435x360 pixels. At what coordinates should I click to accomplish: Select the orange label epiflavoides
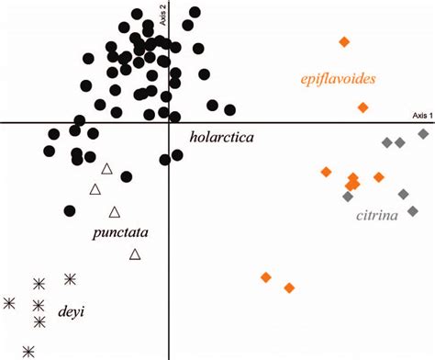[x=337, y=79]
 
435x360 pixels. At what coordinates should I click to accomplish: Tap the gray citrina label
[x=376, y=217]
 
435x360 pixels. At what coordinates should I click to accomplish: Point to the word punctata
[x=120, y=232]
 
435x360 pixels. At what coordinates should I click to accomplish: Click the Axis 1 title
[x=420, y=116]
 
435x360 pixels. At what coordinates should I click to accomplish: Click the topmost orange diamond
[x=344, y=41]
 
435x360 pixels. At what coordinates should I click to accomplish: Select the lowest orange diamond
[x=289, y=288]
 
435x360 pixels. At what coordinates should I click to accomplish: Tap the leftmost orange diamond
[x=266, y=277]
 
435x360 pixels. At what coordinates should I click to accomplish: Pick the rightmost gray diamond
[x=423, y=134]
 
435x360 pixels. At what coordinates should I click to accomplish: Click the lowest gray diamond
[x=413, y=211]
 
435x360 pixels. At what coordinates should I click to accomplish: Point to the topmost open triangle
[x=106, y=169]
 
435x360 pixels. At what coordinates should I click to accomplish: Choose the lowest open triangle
[x=135, y=254]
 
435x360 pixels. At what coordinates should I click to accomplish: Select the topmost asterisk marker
[x=71, y=278]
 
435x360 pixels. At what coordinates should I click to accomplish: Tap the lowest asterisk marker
[x=29, y=350]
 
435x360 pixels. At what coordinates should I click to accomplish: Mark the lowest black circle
[x=70, y=211]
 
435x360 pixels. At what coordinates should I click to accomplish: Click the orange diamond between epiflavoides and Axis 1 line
[x=363, y=108]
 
